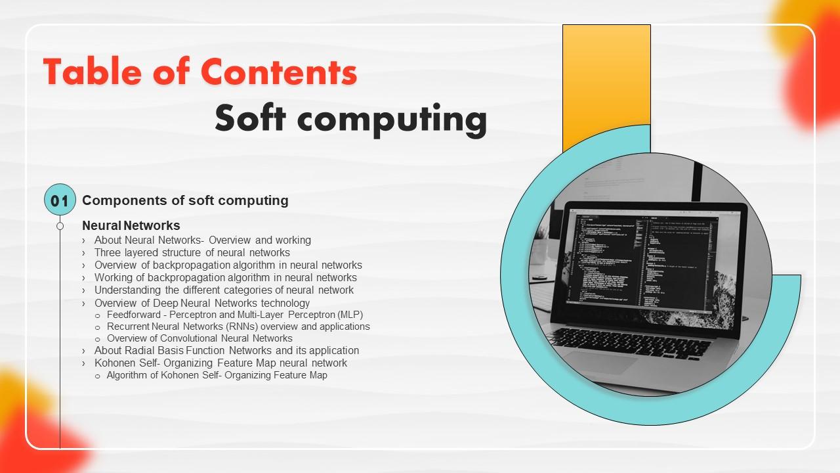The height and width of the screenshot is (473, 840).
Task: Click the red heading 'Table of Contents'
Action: (x=200, y=72)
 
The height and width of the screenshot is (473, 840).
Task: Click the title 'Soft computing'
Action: (x=351, y=119)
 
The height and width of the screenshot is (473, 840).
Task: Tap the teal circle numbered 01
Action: (x=60, y=200)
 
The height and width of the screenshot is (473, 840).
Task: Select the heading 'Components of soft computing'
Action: (x=185, y=200)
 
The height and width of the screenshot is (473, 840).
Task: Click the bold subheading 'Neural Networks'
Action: (x=131, y=225)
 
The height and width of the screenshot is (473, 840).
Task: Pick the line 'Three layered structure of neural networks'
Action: (x=192, y=252)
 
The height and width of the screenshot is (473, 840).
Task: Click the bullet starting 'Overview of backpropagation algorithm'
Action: (x=228, y=265)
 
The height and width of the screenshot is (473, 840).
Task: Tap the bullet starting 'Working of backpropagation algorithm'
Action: (x=225, y=277)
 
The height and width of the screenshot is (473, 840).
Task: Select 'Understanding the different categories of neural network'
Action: (x=224, y=290)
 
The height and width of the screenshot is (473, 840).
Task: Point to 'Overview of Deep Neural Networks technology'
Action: (x=201, y=303)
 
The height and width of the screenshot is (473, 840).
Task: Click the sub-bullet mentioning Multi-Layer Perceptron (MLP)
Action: (x=234, y=315)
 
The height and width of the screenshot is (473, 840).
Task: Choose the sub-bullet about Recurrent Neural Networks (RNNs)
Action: (x=238, y=327)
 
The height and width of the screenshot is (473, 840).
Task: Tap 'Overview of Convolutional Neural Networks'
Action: (x=199, y=338)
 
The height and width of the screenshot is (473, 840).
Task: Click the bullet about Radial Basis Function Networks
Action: (x=226, y=350)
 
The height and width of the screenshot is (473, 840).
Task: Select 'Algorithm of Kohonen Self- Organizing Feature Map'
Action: (x=217, y=375)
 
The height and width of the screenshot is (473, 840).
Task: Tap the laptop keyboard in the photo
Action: (x=630, y=342)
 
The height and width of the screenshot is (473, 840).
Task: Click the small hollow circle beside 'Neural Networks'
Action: (x=60, y=226)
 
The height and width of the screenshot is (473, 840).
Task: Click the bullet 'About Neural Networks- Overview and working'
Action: (x=202, y=240)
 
